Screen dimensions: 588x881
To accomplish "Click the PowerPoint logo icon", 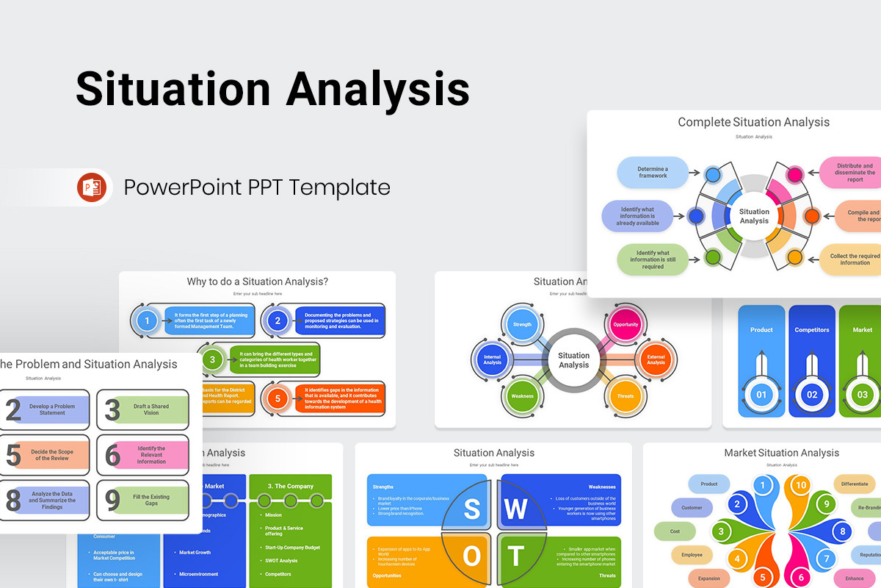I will (92, 187).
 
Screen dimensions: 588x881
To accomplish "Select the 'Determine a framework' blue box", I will (653, 172).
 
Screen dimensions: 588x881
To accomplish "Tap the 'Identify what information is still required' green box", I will (653, 259).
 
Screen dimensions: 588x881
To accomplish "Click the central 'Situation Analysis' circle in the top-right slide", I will (754, 216).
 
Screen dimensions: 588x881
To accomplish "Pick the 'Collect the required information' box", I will (854, 259).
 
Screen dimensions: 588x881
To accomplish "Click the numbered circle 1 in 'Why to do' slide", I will (148, 320).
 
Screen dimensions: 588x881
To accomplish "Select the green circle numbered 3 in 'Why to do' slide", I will (212, 359).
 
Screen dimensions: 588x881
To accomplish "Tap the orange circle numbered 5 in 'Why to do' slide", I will (278, 398).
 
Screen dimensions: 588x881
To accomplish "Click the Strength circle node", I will (522, 324).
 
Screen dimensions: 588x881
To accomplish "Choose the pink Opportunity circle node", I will (626, 324).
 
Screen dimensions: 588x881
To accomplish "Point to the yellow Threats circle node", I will (626, 396).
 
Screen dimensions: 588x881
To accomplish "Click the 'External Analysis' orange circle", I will (656, 359).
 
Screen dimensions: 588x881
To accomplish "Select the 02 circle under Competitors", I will (812, 395).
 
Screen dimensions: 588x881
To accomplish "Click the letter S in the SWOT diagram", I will (471, 509).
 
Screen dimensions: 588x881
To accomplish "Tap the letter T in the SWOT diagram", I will (517, 556).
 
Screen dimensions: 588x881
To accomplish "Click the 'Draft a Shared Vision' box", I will (151, 409).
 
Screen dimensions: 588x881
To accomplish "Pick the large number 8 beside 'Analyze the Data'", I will (13, 501).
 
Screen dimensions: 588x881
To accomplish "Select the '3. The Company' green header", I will (290, 486).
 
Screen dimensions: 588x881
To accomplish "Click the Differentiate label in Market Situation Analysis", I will (855, 484).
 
